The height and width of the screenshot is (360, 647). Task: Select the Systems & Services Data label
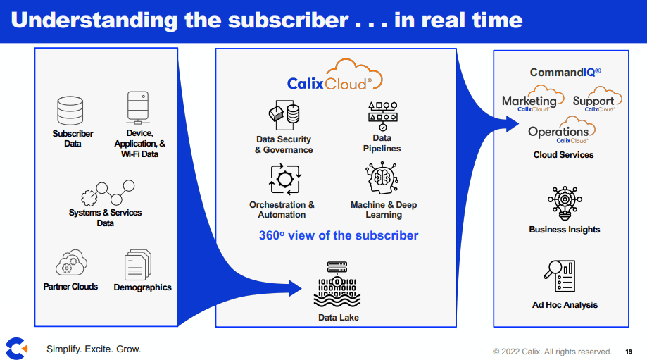(x=105, y=218)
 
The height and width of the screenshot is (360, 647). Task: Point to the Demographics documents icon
(x=138, y=265)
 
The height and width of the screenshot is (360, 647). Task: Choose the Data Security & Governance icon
(x=284, y=116)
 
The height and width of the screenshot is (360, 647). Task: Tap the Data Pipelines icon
(x=382, y=115)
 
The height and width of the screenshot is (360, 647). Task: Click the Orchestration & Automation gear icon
(x=285, y=180)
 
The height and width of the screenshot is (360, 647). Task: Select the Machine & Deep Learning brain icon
(x=383, y=180)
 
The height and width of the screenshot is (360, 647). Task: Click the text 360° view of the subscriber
(x=338, y=235)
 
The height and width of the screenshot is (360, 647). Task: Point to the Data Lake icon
(x=338, y=287)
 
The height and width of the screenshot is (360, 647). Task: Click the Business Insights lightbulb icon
(x=564, y=204)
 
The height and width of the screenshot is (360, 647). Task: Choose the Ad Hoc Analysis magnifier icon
(x=560, y=277)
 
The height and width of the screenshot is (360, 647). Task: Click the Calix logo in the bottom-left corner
(x=16, y=347)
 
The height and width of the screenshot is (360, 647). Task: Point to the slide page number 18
(x=628, y=352)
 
